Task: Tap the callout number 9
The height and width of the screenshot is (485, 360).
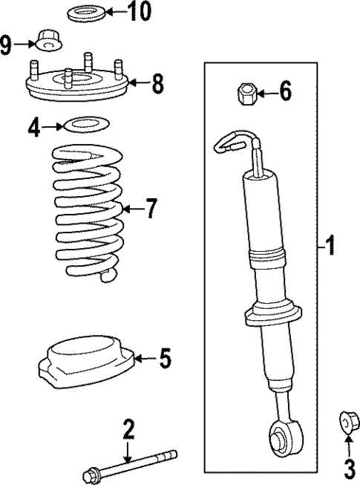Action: tap(7, 46)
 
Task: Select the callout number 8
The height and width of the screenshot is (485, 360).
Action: tap(157, 82)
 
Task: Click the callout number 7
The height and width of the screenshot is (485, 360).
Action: tap(151, 209)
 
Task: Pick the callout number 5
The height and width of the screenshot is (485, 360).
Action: tap(165, 359)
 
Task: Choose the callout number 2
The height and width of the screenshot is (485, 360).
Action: tap(128, 428)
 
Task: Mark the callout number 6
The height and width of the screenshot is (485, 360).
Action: tap(285, 93)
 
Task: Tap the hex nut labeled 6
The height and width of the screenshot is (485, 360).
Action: tap(246, 94)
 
